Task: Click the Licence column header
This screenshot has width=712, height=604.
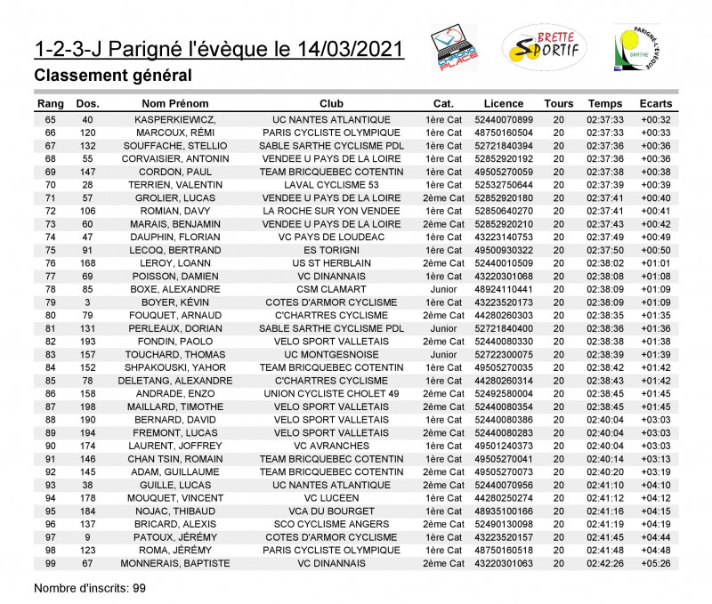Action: tap(504, 104)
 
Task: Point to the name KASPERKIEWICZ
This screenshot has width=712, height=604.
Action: tap(176, 120)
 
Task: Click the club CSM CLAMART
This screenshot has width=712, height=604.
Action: tap(331, 289)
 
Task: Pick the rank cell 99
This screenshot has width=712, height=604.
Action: tap(50, 563)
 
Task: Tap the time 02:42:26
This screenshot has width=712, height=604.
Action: tap(605, 563)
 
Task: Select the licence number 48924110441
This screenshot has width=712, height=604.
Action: tap(504, 289)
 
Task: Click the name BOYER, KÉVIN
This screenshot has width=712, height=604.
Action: tap(176, 302)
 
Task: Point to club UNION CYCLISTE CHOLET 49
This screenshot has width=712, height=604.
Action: tap(331, 393)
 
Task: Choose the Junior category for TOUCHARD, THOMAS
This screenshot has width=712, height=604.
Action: tap(443, 354)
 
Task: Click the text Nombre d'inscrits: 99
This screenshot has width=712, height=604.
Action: tap(89, 588)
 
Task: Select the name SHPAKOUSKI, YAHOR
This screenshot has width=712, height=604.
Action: tap(176, 367)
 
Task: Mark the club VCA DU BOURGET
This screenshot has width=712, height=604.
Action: tap(331, 511)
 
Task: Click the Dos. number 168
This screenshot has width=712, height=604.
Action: tap(87, 263)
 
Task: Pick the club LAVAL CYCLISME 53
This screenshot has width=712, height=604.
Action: tap(331, 185)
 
